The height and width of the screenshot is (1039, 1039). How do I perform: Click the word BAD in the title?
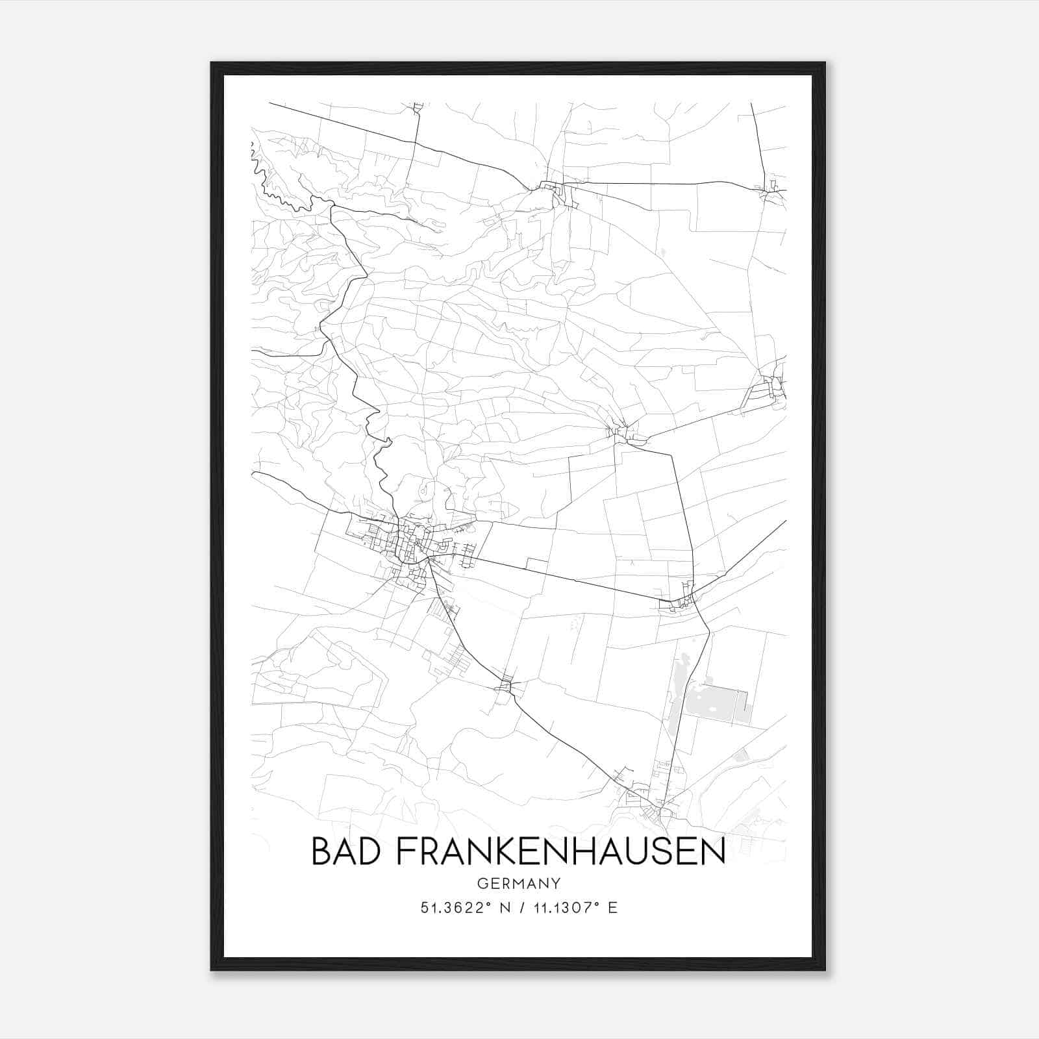347,852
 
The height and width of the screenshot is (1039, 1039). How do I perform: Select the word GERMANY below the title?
518,883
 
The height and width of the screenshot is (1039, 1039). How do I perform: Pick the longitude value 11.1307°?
562,908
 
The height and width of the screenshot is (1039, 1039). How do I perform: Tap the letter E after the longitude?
612,908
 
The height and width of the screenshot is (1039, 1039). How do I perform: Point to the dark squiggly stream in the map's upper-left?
276,188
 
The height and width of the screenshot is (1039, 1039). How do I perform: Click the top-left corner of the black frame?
212,63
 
